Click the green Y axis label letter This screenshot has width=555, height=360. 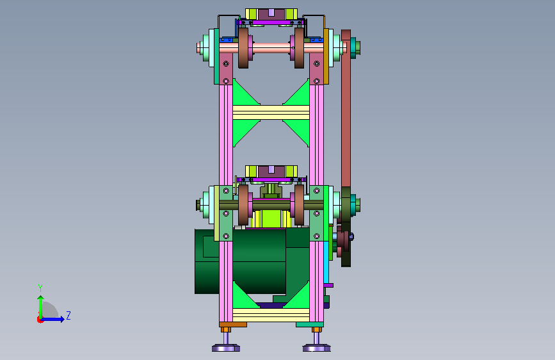40,288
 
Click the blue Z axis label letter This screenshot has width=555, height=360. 68,315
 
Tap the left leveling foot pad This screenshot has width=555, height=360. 226,348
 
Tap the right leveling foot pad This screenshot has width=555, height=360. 316,348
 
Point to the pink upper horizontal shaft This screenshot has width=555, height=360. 271,48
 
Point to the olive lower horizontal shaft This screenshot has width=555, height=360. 271,205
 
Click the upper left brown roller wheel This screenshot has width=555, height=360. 243,48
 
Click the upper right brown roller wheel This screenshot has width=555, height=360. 299,48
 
